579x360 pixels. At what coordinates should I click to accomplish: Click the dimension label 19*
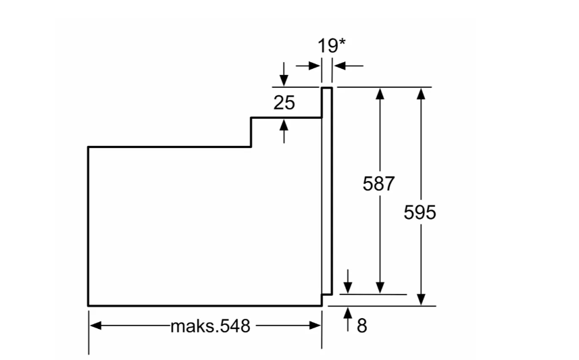pos(332,46)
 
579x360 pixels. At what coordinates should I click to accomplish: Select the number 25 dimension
pos(284,103)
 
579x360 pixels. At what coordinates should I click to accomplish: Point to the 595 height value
pos(420,212)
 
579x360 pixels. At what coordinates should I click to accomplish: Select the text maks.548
pos(210,326)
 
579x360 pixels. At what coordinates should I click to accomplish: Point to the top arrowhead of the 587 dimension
pos(380,93)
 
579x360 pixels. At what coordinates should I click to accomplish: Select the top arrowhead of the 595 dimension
pos(421,93)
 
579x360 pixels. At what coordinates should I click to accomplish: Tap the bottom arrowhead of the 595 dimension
pos(421,299)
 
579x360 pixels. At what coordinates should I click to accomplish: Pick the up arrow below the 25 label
pos(284,124)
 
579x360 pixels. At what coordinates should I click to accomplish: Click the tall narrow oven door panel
pos(326,192)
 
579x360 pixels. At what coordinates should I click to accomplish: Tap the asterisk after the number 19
pos(343,43)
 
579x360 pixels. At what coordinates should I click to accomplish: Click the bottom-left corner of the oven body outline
pos(89,305)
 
